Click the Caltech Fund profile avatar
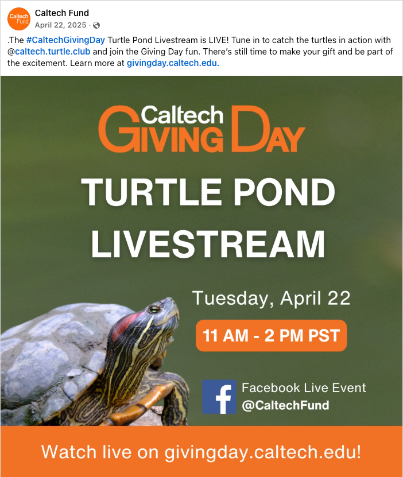click(19, 19)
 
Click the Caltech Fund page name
click(61, 13)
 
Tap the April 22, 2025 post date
click(60, 25)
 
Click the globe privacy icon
click(96, 25)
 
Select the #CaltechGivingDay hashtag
click(65, 40)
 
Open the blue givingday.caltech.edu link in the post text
click(173, 63)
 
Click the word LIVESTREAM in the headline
click(208, 244)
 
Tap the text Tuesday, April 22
click(271, 298)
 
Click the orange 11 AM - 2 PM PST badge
click(271, 335)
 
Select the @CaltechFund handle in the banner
click(285, 406)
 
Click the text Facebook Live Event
click(304, 388)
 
